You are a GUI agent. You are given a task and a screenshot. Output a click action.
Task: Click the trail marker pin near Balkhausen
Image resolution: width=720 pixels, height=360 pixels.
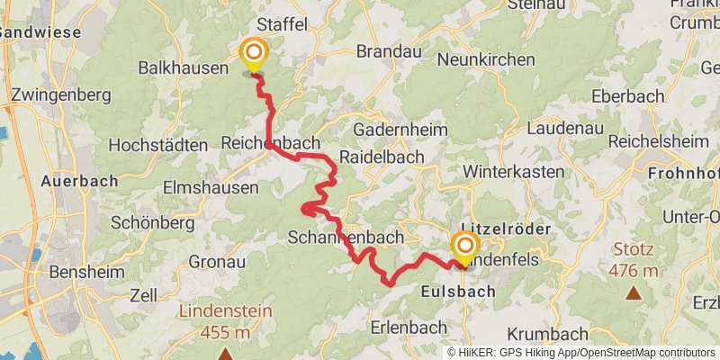pyautogui.click(x=253, y=54)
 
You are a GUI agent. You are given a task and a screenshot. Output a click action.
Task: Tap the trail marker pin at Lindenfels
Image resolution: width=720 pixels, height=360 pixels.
pyautogui.click(x=465, y=247)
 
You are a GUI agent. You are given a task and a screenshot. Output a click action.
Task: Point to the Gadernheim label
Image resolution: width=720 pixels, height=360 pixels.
pyautogui.click(x=400, y=130)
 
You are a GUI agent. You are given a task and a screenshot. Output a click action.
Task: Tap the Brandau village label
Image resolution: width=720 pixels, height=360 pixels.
pyautogui.click(x=389, y=52)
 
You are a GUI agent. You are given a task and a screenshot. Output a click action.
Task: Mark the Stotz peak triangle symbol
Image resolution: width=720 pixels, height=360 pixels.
pyautogui.click(x=634, y=292)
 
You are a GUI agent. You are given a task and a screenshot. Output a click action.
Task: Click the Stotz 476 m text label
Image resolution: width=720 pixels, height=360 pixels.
pyautogui.click(x=634, y=260)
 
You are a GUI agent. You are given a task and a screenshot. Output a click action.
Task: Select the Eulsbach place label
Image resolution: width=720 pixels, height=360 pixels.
pyautogui.click(x=458, y=292)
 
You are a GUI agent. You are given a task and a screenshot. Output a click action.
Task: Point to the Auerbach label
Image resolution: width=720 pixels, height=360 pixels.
pyautogui.click(x=79, y=181)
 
